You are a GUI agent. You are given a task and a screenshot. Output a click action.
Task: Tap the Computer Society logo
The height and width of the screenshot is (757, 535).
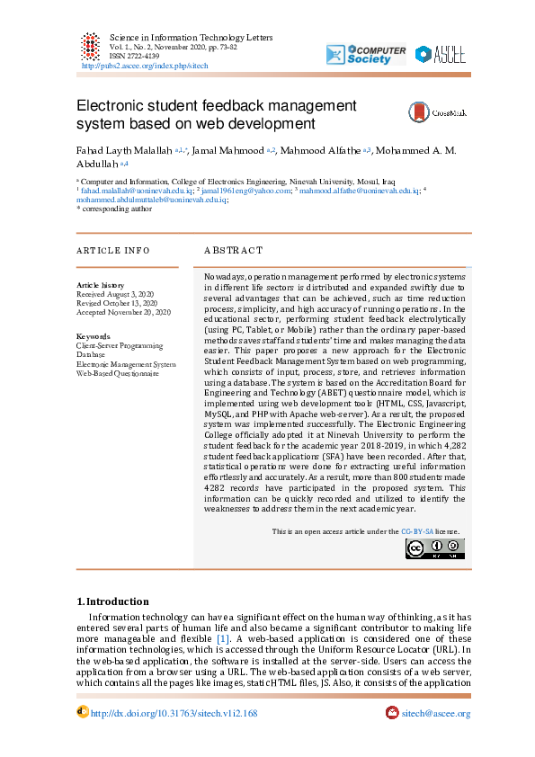[x=366, y=54]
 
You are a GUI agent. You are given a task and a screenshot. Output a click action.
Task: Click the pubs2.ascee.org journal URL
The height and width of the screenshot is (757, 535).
[x=145, y=67]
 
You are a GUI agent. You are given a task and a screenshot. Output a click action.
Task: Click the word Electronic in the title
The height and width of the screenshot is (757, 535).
[x=116, y=106]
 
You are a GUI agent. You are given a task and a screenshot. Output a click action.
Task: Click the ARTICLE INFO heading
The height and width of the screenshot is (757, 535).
[x=112, y=250]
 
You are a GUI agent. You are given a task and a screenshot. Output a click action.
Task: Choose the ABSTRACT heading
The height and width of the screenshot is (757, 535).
[x=233, y=250]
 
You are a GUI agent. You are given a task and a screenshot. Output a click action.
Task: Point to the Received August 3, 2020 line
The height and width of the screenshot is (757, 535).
[x=115, y=294]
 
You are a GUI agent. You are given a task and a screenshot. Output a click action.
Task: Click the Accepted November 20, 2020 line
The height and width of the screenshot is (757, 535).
[x=123, y=312]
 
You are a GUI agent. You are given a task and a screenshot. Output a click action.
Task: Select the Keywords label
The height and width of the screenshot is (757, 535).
[x=93, y=336]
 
